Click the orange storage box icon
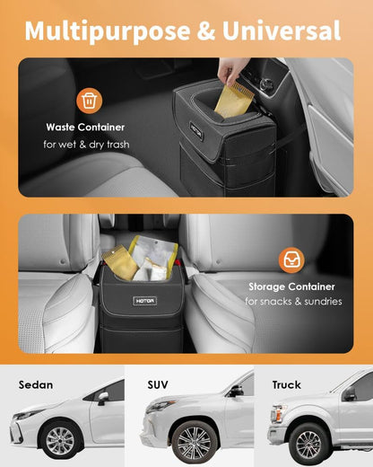[291, 260]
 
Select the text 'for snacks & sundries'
[295, 302]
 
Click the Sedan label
[35, 384]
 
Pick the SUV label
[158, 384]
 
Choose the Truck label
[286, 384]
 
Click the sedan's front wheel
[61, 441]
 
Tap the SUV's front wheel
[190, 442]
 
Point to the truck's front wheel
[310, 444]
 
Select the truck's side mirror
[349, 394]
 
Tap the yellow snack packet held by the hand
[230, 101]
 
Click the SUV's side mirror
[235, 390]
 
